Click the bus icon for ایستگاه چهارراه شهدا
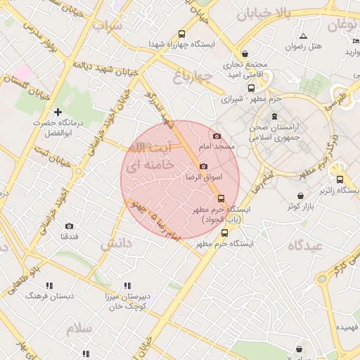[182, 34]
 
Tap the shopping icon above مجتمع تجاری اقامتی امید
[245, 53]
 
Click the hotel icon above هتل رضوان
[303, 36]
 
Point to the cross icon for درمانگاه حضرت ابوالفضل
[58, 112]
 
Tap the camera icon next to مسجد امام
[216, 136]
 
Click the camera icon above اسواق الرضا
[203, 167]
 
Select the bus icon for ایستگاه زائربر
[340, 179]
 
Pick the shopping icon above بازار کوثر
[301, 195]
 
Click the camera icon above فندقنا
[69, 226]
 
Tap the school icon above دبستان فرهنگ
[49, 285]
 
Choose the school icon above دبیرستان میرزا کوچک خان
[127, 285]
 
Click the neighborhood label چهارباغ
[193, 77]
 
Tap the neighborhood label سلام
[79, 328]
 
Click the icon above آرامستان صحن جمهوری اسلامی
[274, 116]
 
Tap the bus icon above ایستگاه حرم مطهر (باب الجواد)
[221, 199]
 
